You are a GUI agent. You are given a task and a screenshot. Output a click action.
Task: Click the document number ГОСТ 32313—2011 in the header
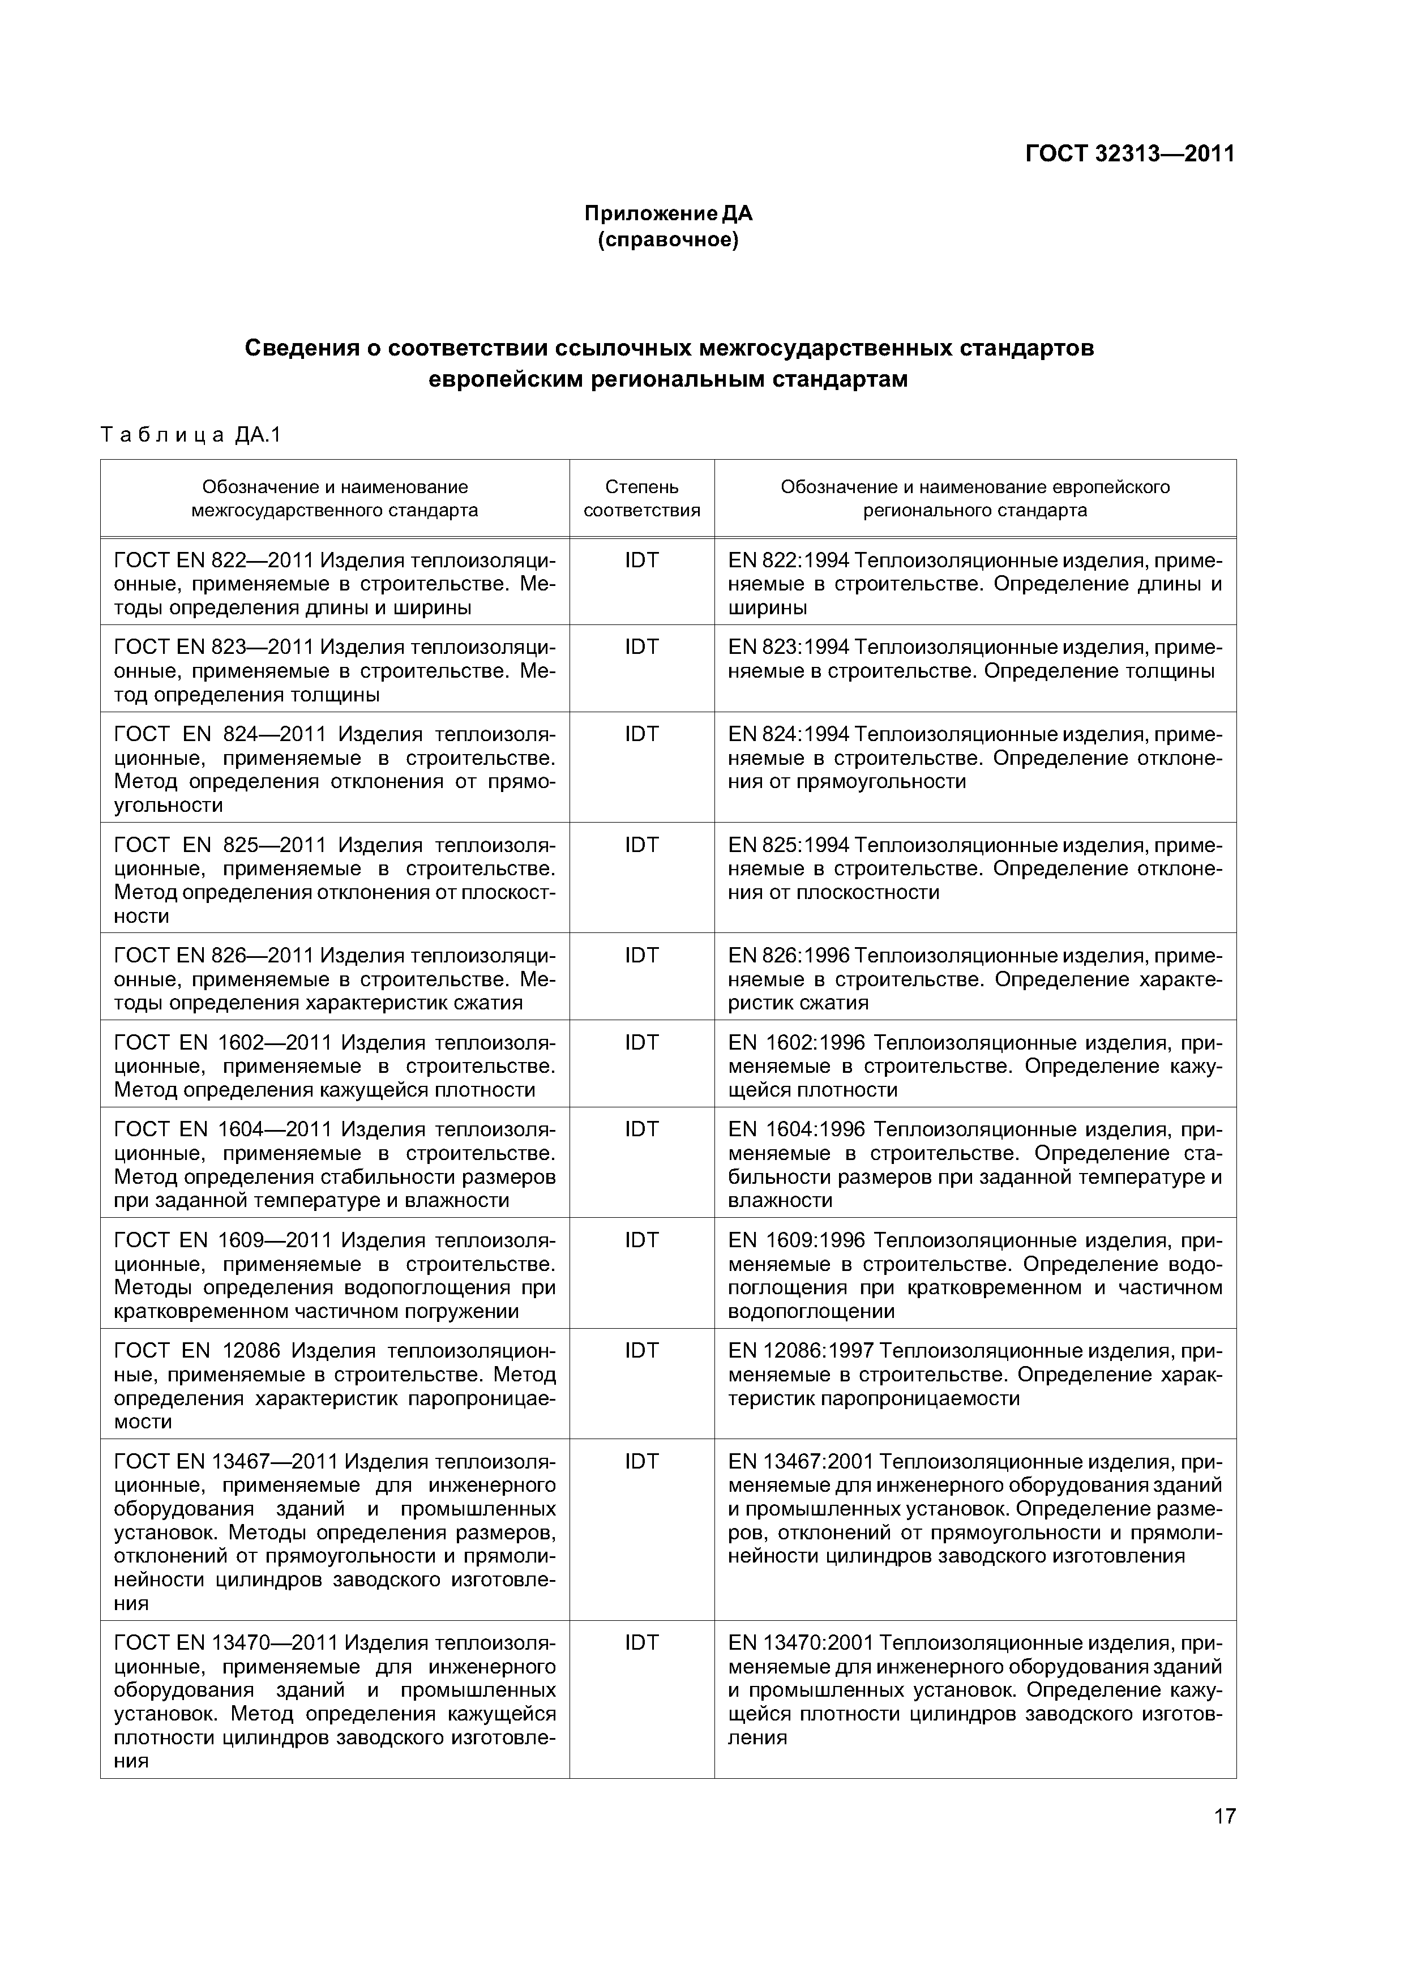1129,154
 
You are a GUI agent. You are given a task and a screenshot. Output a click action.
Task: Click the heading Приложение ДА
668,213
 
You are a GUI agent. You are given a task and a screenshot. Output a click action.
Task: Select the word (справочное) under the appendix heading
668,239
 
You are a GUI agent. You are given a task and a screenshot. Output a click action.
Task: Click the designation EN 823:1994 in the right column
789,648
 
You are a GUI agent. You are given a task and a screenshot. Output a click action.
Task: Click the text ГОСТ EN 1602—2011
222,1043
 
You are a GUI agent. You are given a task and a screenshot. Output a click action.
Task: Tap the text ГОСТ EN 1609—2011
222,1240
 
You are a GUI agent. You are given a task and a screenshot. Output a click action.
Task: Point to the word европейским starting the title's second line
507,379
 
